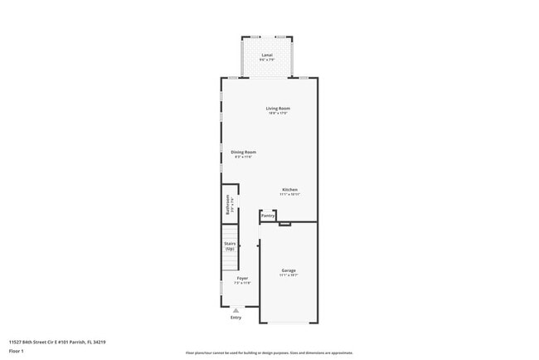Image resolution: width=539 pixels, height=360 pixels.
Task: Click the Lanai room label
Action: coord(266,55)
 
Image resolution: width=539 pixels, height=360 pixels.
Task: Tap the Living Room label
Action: coord(278,109)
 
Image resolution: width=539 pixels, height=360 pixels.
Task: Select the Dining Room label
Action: coord(243,152)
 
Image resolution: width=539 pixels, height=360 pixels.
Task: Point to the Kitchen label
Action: coord(289,189)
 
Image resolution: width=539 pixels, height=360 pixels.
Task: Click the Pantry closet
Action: coord(268,216)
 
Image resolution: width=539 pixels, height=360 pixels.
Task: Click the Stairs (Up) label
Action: coord(230,246)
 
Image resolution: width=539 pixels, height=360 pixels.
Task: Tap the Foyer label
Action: coord(242,278)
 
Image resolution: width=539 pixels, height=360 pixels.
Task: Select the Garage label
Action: coord(289,270)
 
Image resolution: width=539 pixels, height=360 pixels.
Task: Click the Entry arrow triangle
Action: coord(236,310)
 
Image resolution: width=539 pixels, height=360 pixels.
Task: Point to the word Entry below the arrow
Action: coord(236,318)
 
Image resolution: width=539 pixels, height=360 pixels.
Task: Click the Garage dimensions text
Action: coord(289,276)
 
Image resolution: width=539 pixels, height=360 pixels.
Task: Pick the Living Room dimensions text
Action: coord(278,114)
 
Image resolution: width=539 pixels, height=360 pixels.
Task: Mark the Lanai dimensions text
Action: coord(266,60)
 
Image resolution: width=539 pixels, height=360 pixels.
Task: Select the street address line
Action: coord(57,342)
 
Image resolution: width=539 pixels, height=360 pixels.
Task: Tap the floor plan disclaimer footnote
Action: coord(269,352)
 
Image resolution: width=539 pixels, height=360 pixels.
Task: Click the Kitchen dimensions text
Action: coord(289,194)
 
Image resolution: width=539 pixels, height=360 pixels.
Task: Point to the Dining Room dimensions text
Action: coord(243,157)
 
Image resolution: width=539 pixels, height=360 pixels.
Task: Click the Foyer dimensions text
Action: coord(242,283)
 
